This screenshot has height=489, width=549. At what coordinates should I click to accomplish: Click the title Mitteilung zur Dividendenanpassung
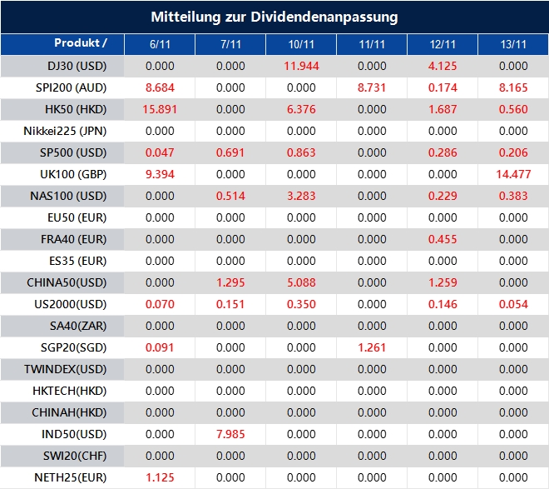point(274,17)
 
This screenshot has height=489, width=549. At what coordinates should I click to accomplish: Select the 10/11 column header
point(301,43)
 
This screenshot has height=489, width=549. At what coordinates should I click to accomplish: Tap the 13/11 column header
point(514,43)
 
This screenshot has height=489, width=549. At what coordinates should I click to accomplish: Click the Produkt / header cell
point(81,42)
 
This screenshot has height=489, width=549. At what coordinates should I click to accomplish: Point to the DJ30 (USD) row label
point(77,66)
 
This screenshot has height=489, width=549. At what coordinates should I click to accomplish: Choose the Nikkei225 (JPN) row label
point(77,131)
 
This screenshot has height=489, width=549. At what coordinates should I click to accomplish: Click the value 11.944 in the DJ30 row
point(301,66)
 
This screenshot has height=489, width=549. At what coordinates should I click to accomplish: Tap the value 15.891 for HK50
point(159,109)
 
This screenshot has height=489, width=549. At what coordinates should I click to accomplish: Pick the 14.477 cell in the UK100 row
point(514,174)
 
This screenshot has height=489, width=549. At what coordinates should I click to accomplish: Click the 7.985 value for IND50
point(230,434)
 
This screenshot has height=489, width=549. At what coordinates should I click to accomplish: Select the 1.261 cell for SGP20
point(372,347)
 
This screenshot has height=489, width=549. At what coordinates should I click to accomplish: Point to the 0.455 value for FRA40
point(443,239)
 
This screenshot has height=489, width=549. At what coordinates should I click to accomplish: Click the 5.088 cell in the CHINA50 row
point(301,282)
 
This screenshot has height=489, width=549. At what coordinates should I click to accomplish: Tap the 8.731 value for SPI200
point(372,87)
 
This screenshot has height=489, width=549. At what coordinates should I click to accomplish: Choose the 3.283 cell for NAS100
point(301,196)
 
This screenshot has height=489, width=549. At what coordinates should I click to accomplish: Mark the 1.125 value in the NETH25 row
point(159,477)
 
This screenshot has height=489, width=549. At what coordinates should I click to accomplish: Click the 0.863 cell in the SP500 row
point(301,152)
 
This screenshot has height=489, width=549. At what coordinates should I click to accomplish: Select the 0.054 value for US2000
point(514,304)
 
